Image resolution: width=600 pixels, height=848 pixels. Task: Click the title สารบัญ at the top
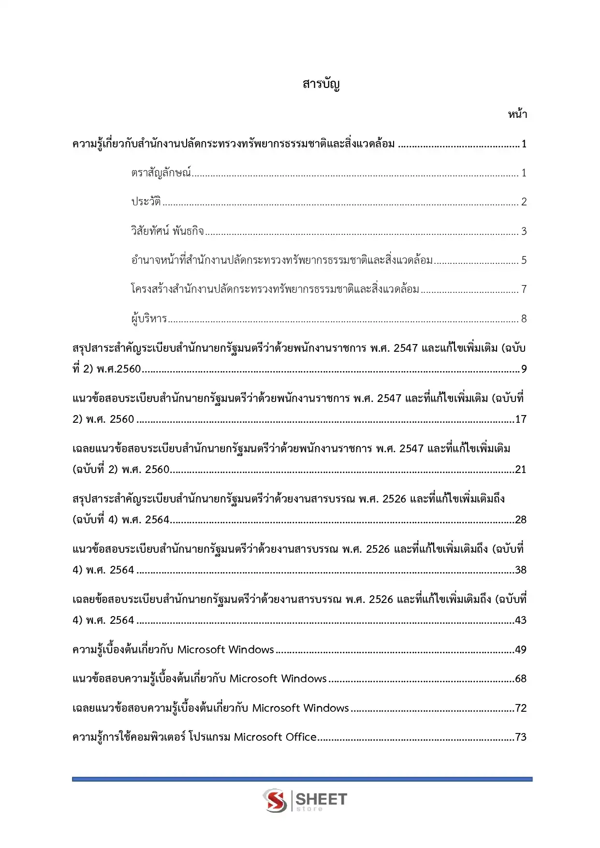pyautogui.click(x=321, y=84)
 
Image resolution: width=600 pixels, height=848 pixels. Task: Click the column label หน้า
pyautogui.click(x=517, y=115)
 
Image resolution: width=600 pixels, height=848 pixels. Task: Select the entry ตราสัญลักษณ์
pyautogui.click(x=161, y=172)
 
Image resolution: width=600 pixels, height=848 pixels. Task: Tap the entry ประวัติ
pyautogui.click(x=146, y=201)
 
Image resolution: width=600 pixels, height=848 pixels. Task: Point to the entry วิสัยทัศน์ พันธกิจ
pyautogui.click(x=167, y=231)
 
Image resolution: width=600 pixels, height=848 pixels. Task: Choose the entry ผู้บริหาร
pyautogui.click(x=149, y=318)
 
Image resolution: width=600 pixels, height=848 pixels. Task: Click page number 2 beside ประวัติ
pyautogui.click(x=524, y=202)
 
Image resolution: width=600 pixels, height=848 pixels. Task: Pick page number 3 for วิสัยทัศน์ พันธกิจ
pyautogui.click(x=524, y=231)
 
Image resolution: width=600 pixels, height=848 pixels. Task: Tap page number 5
pyautogui.click(x=524, y=260)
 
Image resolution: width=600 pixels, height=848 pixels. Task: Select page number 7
pyautogui.click(x=524, y=289)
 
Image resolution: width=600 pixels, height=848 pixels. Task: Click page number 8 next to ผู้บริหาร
pyautogui.click(x=524, y=319)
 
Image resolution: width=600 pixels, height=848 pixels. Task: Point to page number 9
pyautogui.click(x=524, y=369)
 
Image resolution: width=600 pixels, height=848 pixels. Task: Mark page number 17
pyautogui.click(x=521, y=419)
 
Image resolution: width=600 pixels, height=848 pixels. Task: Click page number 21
pyautogui.click(x=521, y=470)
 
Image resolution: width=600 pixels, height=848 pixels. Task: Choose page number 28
pyautogui.click(x=521, y=520)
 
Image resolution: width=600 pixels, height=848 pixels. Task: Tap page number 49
pyautogui.click(x=521, y=650)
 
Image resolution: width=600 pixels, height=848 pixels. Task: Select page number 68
pyautogui.click(x=521, y=679)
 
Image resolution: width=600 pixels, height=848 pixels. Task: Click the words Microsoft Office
pyautogui.click(x=275, y=737)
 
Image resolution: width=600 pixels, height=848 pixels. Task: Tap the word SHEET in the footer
pyautogui.click(x=321, y=799)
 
